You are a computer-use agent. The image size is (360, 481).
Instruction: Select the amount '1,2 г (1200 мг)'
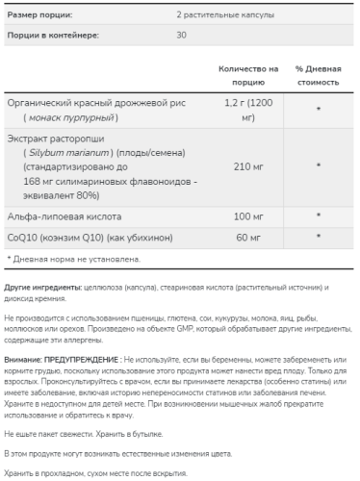(x=242, y=109)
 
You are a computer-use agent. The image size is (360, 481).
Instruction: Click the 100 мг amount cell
(x=242, y=218)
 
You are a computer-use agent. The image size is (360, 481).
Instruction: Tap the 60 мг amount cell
(x=242, y=239)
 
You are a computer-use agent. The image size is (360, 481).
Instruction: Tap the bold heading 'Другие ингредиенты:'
(x=40, y=288)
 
